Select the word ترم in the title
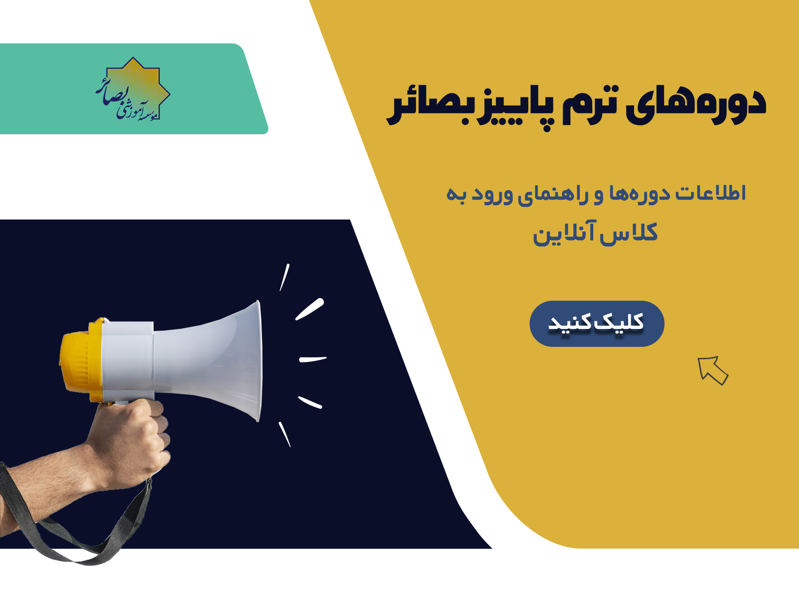pos(596,105)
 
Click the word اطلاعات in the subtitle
pos(710,194)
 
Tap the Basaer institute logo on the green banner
pos(133,89)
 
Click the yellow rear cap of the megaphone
pos(80,360)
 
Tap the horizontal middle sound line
pos(313,359)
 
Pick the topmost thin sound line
pos(285,277)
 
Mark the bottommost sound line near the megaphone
pos(285,434)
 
